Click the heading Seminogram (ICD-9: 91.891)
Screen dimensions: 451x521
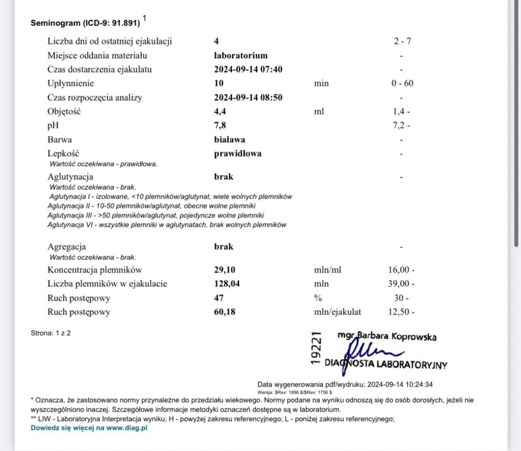85,23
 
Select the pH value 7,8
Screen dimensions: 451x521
220,126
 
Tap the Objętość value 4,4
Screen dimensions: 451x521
220,111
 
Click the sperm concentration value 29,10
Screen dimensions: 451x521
224,270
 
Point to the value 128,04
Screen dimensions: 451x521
227,284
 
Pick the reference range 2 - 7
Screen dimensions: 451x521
402,41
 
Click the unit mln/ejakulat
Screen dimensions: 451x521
337,312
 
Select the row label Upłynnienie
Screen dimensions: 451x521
70,83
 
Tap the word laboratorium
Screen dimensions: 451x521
240,55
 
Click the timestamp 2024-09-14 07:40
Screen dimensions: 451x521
248,69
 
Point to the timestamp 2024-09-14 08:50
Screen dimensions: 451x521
248,97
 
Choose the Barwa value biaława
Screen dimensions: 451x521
230,140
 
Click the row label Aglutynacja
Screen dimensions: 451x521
70,177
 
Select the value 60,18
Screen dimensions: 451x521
224,312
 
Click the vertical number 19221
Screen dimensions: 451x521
315,348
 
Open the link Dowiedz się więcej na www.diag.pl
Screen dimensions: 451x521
89,428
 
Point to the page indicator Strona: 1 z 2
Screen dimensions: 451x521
51,333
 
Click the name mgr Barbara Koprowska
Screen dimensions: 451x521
387,336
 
